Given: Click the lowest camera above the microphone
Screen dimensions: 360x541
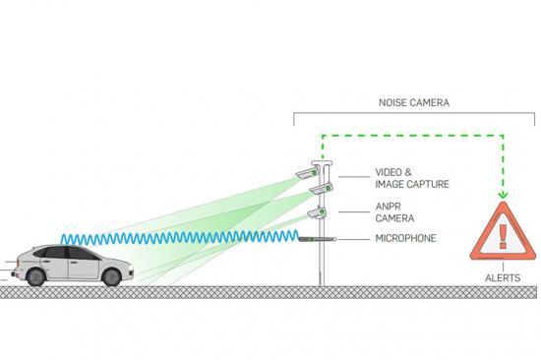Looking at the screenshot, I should point(317,210).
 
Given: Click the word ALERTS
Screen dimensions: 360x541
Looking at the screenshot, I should point(502,279).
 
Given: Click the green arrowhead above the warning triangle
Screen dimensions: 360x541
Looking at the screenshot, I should point(502,196).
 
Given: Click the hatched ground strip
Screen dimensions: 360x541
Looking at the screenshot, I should point(270,291).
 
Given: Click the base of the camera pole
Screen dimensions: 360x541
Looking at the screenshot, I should point(321,281).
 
